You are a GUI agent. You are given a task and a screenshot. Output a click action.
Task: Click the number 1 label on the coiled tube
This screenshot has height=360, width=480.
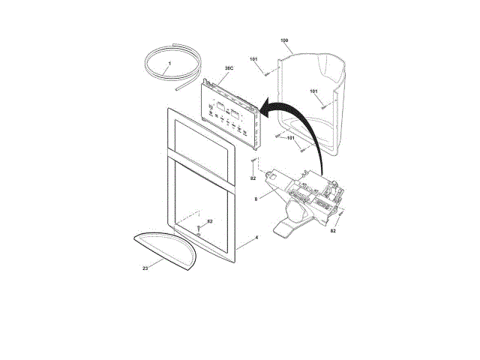169,63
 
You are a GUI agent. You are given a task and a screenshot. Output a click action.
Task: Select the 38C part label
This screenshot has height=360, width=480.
229,68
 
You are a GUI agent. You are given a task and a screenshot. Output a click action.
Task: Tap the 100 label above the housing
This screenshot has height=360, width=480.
284,40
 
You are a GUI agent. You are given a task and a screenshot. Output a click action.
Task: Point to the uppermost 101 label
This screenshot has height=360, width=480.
253,59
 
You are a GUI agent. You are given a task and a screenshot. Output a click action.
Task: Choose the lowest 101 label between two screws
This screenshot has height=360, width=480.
290,138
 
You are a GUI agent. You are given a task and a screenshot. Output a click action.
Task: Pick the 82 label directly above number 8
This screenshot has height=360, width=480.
253,178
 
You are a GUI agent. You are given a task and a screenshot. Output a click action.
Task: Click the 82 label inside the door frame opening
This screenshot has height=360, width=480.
209,221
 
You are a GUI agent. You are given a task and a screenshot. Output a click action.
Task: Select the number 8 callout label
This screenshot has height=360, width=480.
256,199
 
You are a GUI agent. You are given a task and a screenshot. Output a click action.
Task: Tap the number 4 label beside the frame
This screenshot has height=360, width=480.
256,238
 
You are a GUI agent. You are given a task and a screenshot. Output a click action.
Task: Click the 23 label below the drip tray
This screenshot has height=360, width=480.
145,267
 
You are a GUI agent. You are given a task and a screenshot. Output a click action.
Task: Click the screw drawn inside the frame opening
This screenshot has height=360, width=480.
199,228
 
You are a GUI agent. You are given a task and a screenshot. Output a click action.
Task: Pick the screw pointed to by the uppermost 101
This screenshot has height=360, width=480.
267,73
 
